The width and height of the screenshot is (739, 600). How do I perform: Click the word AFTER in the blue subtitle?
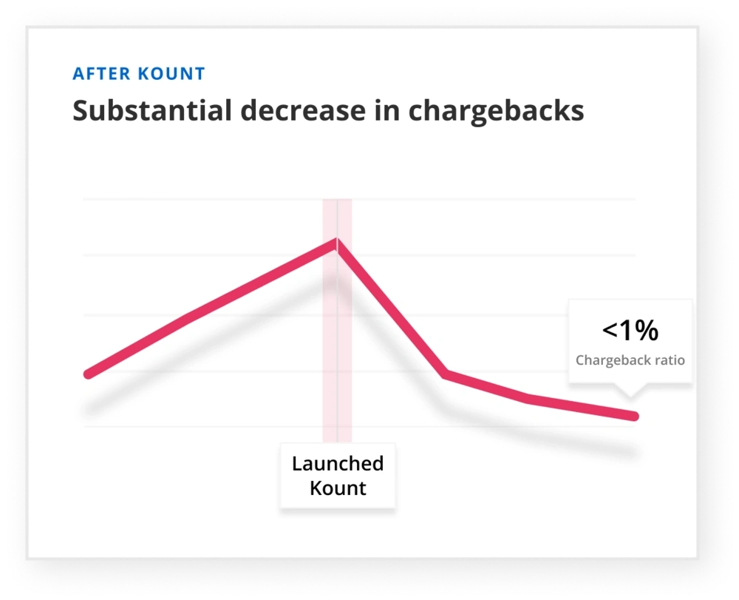tap(101, 74)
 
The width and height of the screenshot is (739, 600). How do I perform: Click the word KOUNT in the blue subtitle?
tap(171, 74)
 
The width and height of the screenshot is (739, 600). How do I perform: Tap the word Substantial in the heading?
tap(152, 110)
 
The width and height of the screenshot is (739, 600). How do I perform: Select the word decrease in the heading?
tap(303, 110)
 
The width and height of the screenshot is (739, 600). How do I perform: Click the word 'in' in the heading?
tap(387, 110)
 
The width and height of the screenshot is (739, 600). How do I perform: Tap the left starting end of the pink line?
tap(88, 374)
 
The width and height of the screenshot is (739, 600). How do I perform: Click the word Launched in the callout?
tap(338, 464)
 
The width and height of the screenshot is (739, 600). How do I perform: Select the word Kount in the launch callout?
tap(338, 488)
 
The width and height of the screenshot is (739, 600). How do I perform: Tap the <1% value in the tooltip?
tap(630, 330)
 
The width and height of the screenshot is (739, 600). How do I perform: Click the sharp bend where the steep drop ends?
tap(444, 374)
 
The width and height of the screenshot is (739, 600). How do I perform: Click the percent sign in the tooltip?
tap(646, 330)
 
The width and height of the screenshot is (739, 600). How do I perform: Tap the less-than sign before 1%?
tap(610, 330)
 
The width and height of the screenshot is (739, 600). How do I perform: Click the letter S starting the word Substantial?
tap(81, 110)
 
